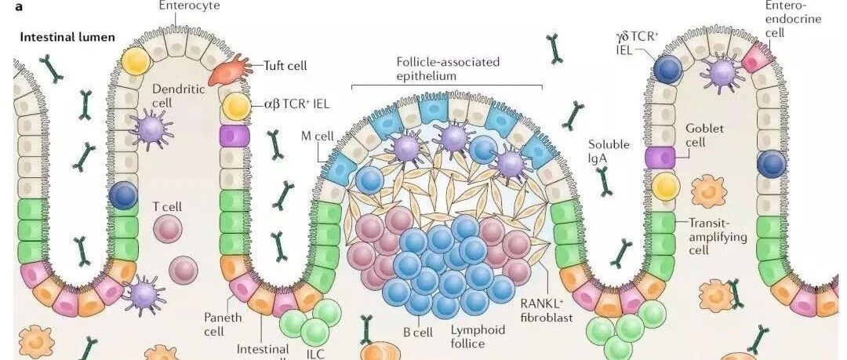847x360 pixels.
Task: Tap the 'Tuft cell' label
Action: [285, 66]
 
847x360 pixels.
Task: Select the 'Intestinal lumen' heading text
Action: [67, 37]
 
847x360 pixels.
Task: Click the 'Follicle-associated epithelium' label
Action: [447, 69]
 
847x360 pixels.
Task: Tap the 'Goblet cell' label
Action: [705, 136]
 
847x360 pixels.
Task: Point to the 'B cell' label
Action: [418, 333]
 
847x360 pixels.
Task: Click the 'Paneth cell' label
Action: [223, 324]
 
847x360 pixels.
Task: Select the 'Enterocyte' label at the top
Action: [189, 6]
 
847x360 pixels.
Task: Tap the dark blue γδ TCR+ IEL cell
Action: [667, 69]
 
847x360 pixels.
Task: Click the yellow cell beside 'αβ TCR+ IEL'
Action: [234, 105]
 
